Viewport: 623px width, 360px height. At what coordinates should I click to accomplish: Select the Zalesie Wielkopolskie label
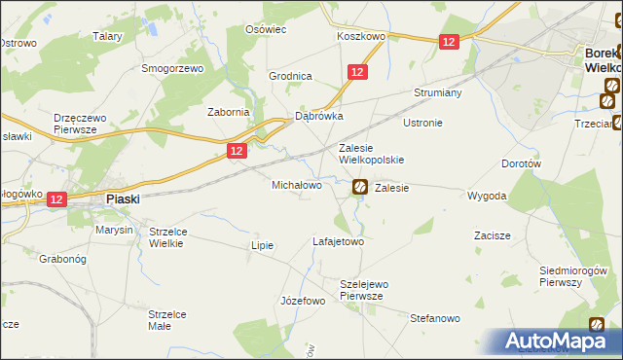[x=370, y=154]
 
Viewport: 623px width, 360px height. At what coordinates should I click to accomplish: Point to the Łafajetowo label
[x=338, y=240]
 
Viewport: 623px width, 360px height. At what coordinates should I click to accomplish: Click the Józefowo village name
[x=302, y=301]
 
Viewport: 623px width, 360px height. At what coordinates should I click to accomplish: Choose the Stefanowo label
[x=434, y=317]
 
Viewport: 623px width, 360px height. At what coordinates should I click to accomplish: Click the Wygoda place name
[x=487, y=196]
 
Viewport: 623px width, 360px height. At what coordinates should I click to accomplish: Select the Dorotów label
[x=521, y=164]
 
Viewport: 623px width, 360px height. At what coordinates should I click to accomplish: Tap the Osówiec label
[x=266, y=29]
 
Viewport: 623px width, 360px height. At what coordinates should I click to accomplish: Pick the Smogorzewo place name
[x=171, y=69]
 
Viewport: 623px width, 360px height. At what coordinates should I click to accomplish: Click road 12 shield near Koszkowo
[x=448, y=42]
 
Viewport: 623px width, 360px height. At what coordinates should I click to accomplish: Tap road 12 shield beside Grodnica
[x=357, y=72]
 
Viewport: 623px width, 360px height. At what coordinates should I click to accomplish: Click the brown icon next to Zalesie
[x=359, y=187]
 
